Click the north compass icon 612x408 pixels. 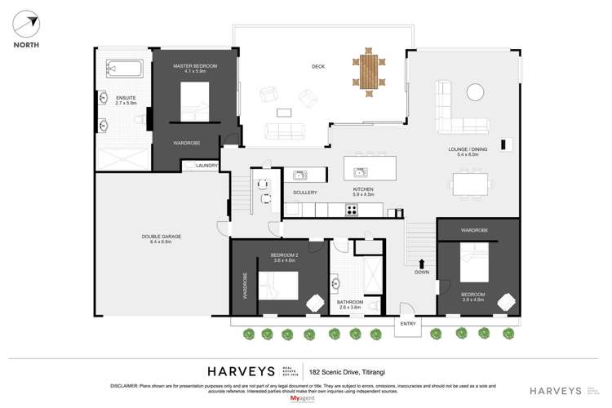pyautogui.click(x=24, y=24)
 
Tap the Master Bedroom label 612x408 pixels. pyautogui.click(x=195, y=69)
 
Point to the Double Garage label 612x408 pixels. pyautogui.click(x=161, y=239)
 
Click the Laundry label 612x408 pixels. pyautogui.click(x=206, y=166)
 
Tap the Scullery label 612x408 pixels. pyautogui.click(x=304, y=193)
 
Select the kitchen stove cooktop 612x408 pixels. pyautogui.click(x=353, y=210)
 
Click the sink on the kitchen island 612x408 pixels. pyautogui.click(x=360, y=171)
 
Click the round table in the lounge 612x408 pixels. pyautogui.click(x=474, y=94)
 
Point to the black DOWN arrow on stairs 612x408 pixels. pyautogui.click(x=422, y=263)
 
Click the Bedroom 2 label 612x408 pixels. pyautogui.click(x=282, y=258)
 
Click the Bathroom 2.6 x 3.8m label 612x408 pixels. pyautogui.click(x=350, y=304)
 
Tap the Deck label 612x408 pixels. pyautogui.click(x=318, y=67)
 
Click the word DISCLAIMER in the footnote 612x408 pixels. pyautogui.click(x=127, y=385)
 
